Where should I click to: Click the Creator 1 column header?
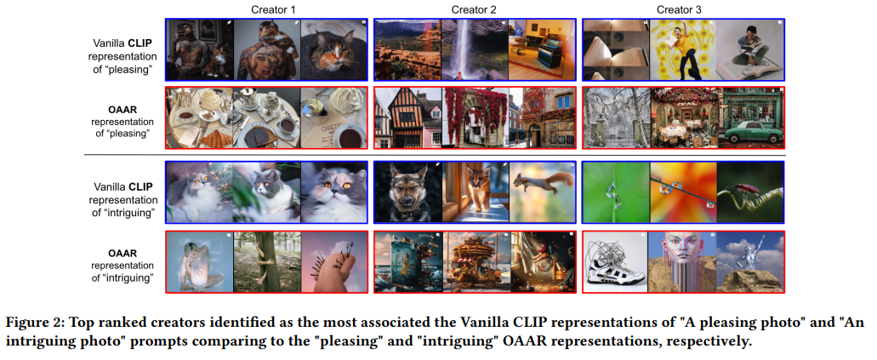(274, 9)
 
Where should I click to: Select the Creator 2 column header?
(474, 9)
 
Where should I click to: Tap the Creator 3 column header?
(679, 9)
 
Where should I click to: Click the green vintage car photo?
(750, 117)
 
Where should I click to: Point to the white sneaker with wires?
(615, 262)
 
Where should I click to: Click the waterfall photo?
(475, 49)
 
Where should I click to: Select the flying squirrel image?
(542, 192)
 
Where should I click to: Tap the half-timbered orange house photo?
(408, 117)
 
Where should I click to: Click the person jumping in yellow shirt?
(683, 49)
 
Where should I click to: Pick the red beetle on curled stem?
(750, 192)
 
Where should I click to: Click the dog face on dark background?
(408, 192)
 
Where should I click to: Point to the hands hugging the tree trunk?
(267, 262)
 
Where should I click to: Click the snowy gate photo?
(617, 117)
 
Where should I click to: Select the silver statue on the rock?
(750, 262)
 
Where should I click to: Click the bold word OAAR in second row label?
(124, 110)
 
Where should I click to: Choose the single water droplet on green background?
(616, 192)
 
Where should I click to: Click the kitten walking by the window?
(476, 192)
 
